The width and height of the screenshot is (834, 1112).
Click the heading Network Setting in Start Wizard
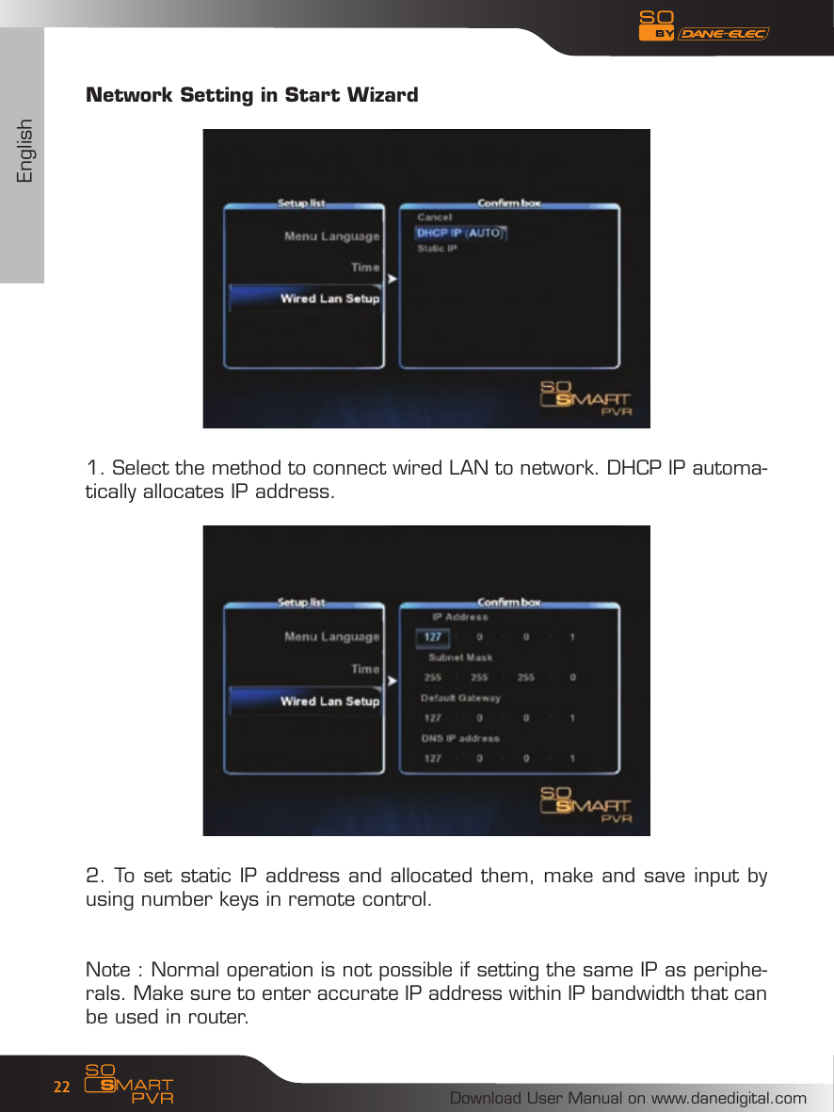tap(251, 95)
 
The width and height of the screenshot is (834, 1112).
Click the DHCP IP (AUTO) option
tap(460, 234)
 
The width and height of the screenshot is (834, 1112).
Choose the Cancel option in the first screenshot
tap(434, 218)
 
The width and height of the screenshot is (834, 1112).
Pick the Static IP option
tap(437, 249)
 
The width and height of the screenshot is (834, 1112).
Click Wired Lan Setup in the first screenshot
tap(329, 298)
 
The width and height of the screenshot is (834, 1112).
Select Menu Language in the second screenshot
tap(331, 637)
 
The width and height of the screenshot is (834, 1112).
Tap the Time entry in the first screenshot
tap(364, 267)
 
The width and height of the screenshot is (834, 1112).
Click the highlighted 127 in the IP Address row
tap(432, 637)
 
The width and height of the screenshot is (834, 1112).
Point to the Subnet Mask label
tap(460, 657)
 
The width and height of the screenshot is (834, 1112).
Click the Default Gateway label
tap(459, 698)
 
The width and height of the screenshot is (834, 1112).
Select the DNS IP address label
tap(459, 738)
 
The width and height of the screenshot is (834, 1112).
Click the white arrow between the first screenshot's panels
tap(392, 279)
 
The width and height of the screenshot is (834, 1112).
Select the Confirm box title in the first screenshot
tap(508, 202)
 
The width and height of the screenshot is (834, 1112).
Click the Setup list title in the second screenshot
tap(301, 602)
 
